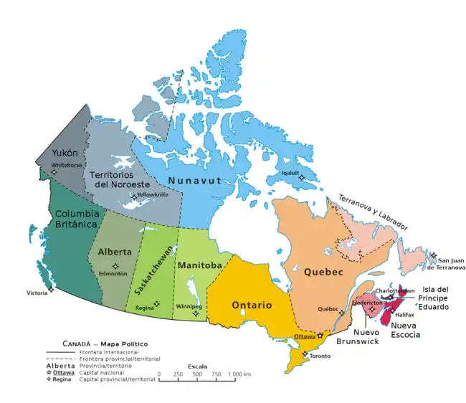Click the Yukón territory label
click(x=54, y=153)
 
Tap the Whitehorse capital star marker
click(x=54, y=171)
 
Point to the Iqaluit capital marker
click(x=302, y=178)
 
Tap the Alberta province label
click(x=115, y=252)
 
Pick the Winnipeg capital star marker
click(x=195, y=313)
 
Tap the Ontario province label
click(x=251, y=305)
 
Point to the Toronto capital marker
click(x=305, y=354)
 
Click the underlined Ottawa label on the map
click(x=305, y=336)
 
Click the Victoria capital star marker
click(x=51, y=290)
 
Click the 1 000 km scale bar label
click(x=237, y=374)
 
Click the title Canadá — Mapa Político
click(x=99, y=343)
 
